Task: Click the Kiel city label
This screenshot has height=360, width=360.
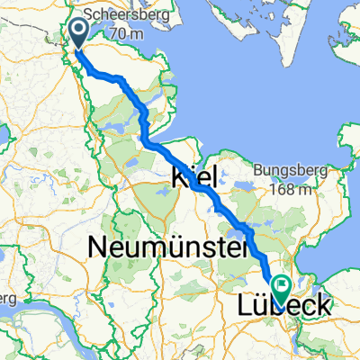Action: pyautogui.click(x=193, y=179)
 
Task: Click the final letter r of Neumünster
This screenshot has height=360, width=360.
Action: pyautogui.click(x=241, y=244)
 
